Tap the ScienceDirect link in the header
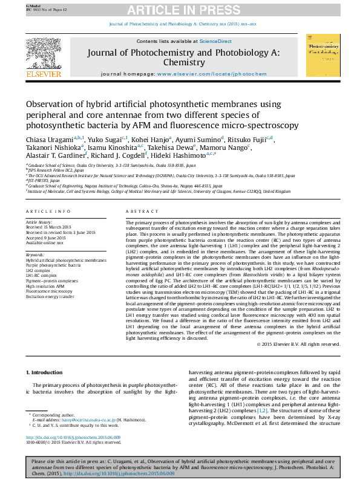pos(215,41)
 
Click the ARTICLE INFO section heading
pos(48,210)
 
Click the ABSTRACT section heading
pos(137,210)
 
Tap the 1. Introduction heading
pos(46,372)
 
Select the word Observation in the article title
pos(52,105)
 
